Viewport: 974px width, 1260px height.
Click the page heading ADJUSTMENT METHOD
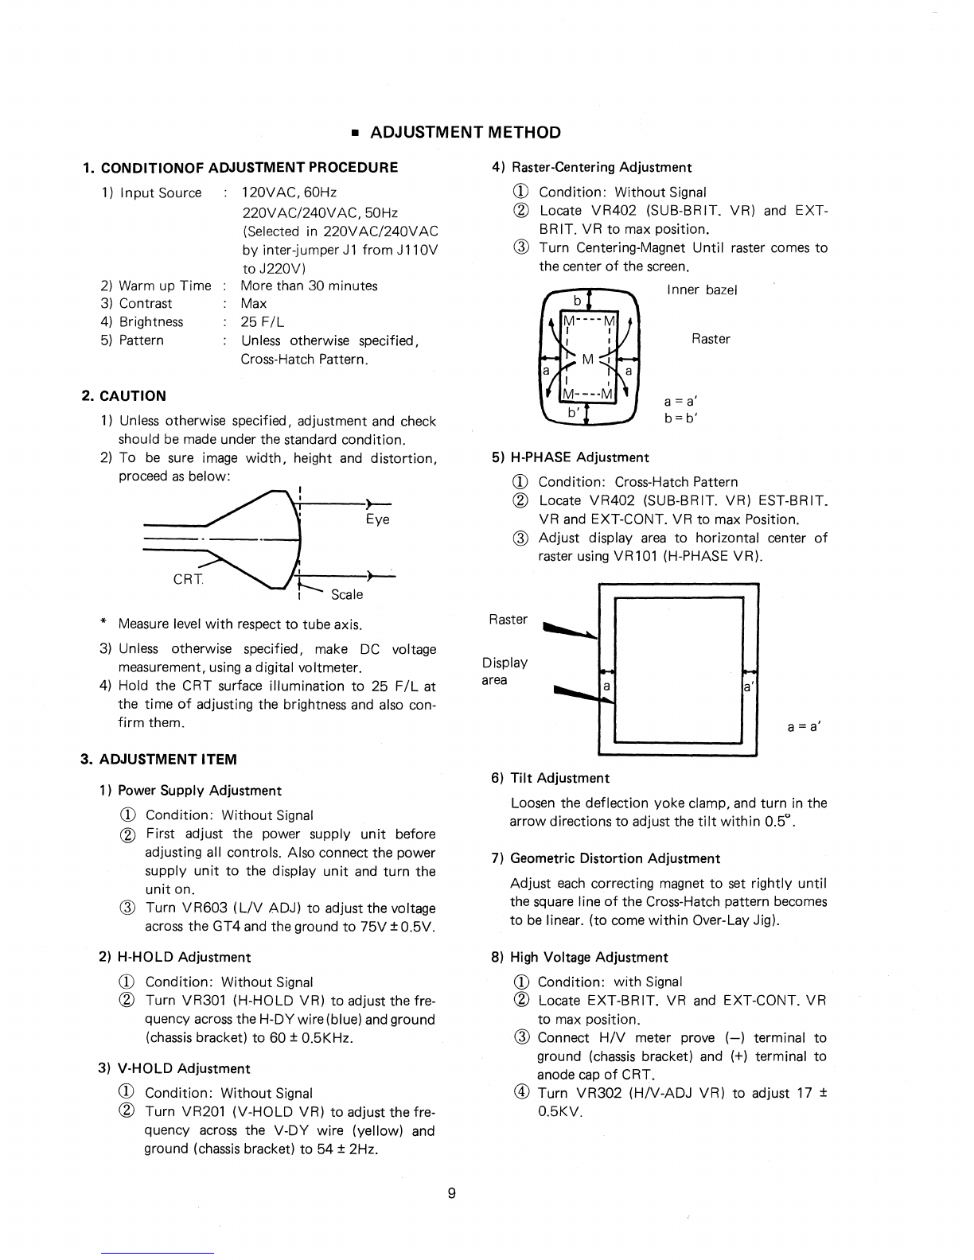pos(466,133)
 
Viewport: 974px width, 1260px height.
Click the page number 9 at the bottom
pos(451,1192)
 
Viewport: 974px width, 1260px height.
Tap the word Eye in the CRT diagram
pos(377,519)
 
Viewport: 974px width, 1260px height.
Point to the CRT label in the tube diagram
pos(189,579)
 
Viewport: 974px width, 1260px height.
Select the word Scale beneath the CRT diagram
pos(346,594)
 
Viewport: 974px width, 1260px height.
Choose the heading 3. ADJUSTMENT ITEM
pos(159,759)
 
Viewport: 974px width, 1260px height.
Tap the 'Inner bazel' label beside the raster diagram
pos(702,290)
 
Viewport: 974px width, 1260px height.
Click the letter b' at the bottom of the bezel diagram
pos(574,413)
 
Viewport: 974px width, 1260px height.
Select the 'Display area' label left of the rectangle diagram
pos(505,671)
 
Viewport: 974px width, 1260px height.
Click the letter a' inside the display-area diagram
pos(749,686)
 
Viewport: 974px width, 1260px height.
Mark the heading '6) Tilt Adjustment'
pos(551,778)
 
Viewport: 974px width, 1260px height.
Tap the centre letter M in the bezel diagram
pos(587,359)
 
